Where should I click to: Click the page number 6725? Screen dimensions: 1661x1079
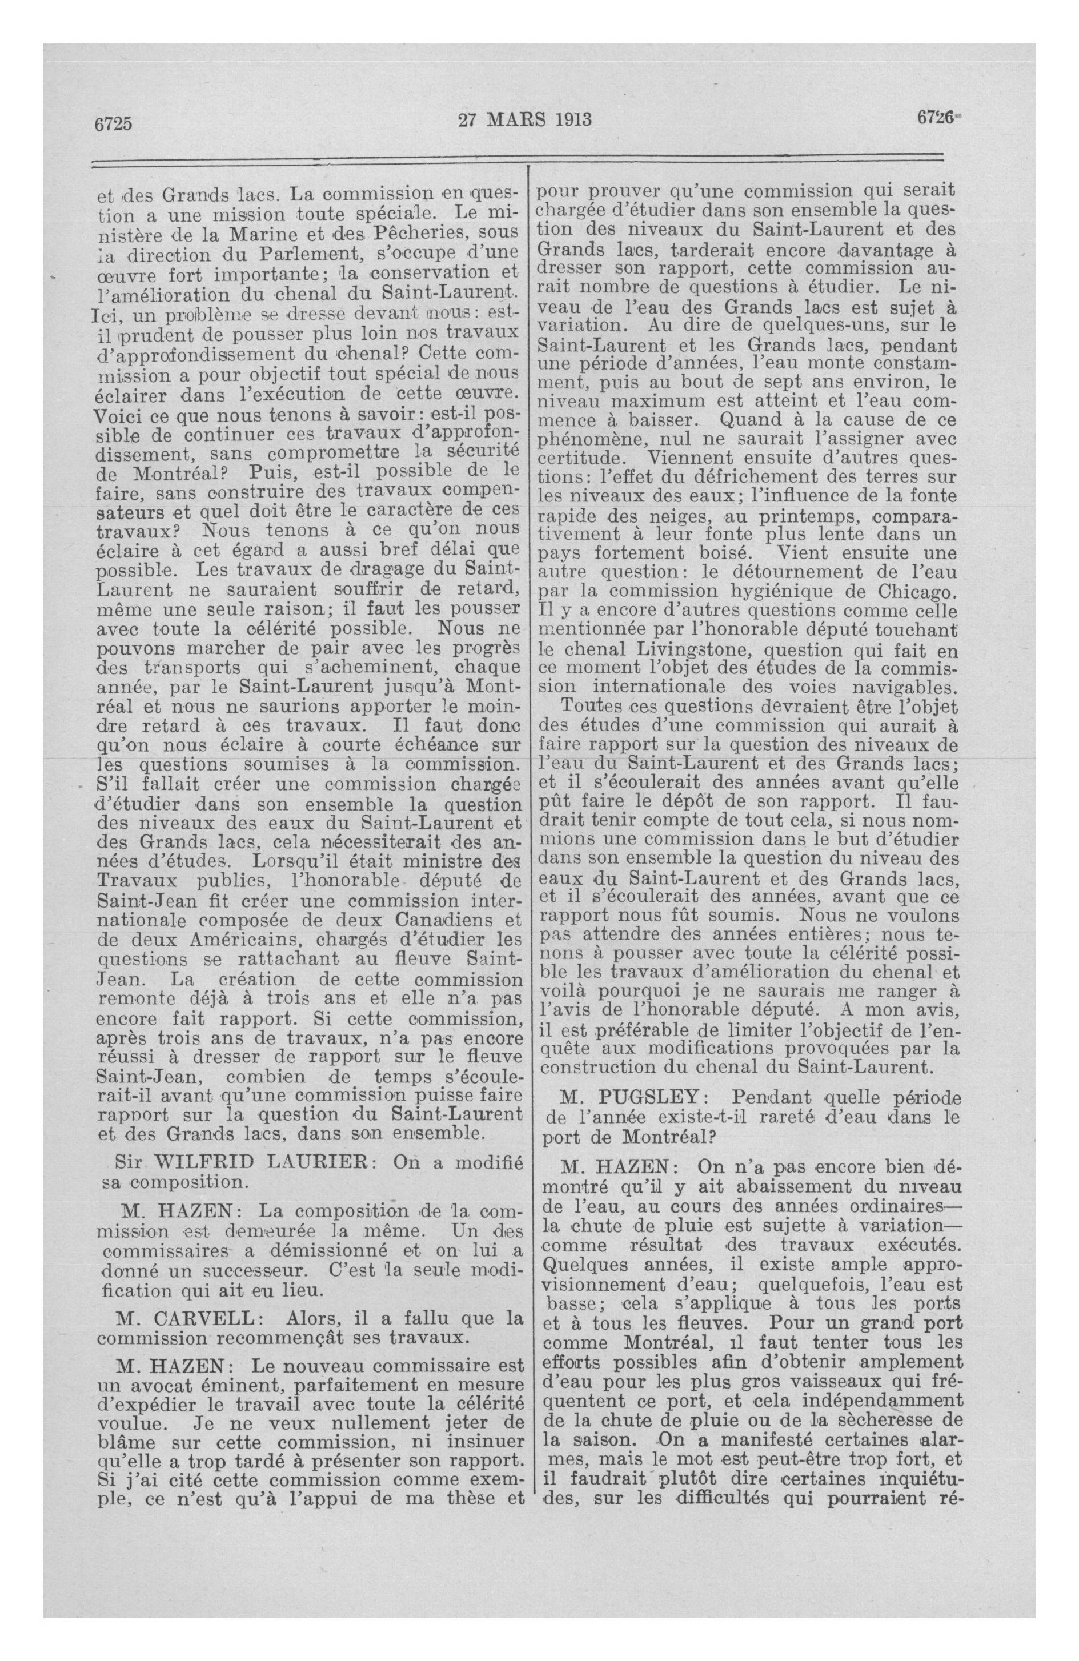113,123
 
